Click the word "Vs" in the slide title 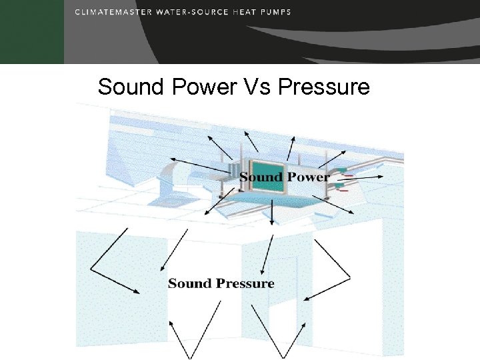(x=254, y=87)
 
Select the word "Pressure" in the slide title (x=323, y=87)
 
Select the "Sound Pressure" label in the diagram (x=221, y=283)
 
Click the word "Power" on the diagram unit (x=308, y=177)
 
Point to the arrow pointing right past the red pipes (x=367, y=177)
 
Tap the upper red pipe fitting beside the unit (x=347, y=175)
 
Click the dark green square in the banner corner (x=32, y=32)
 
